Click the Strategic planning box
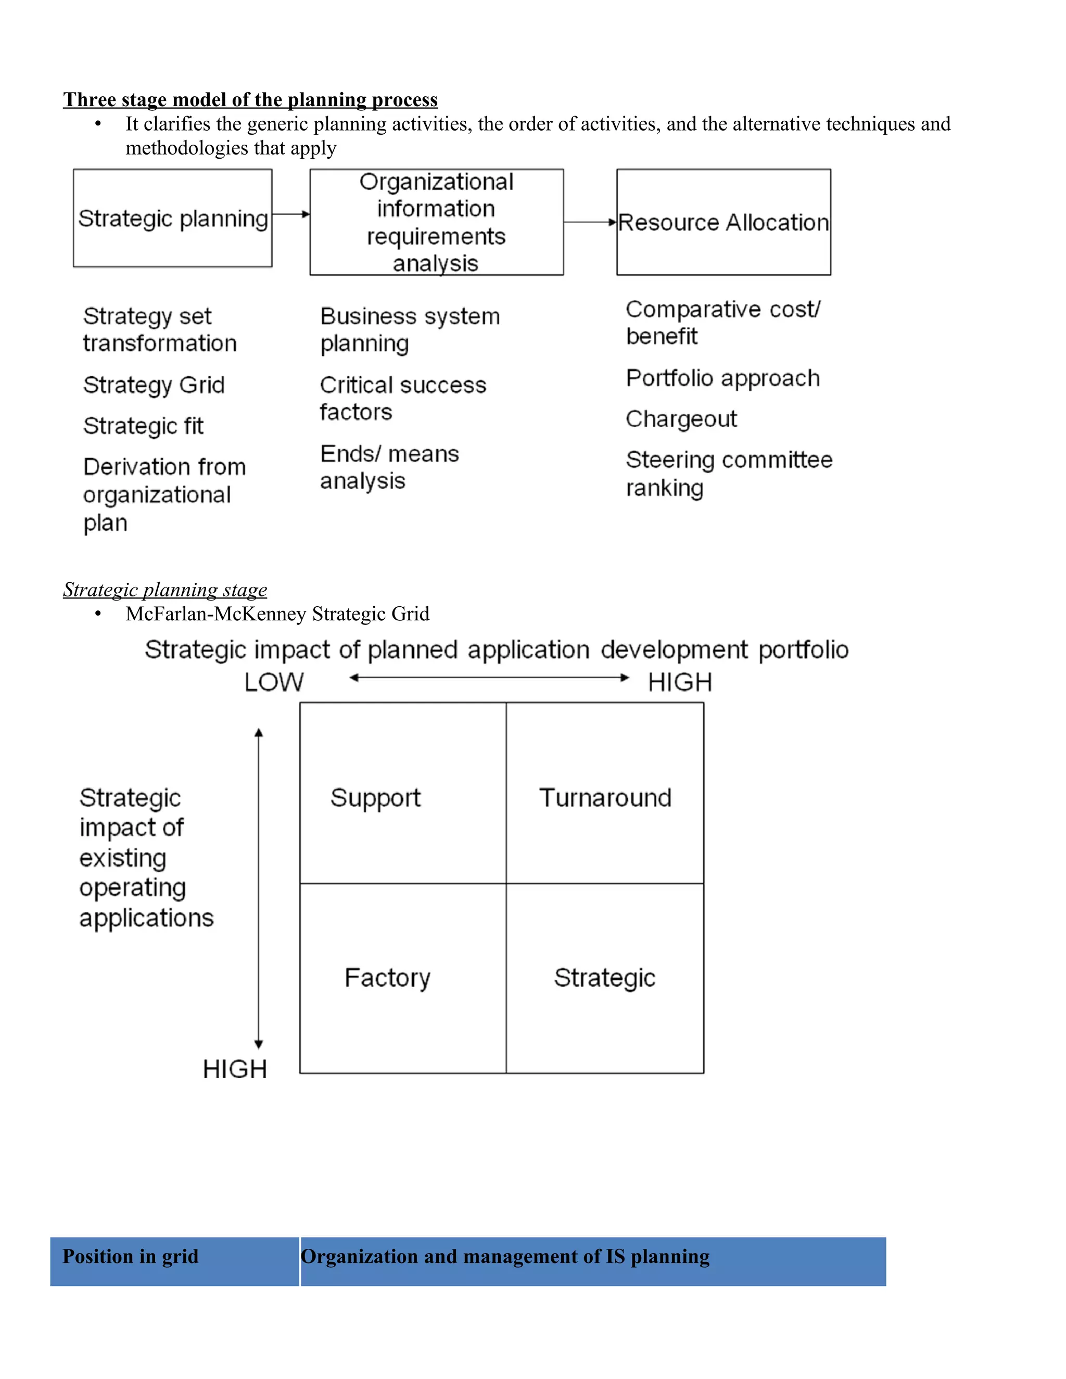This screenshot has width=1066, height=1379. (172, 218)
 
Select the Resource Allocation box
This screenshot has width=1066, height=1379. (723, 222)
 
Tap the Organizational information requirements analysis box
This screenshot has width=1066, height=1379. (436, 222)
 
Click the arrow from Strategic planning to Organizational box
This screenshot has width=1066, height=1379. (291, 214)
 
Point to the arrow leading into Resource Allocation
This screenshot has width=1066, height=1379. (590, 222)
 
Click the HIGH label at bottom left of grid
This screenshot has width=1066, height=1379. (235, 1069)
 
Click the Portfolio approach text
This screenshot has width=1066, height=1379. (723, 379)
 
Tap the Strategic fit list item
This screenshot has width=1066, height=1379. (143, 426)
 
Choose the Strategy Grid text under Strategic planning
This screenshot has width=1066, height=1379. (154, 385)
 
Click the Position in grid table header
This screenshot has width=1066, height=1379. (131, 1257)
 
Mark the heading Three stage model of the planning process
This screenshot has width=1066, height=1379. (250, 100)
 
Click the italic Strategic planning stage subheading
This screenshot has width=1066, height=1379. (165, 590)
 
